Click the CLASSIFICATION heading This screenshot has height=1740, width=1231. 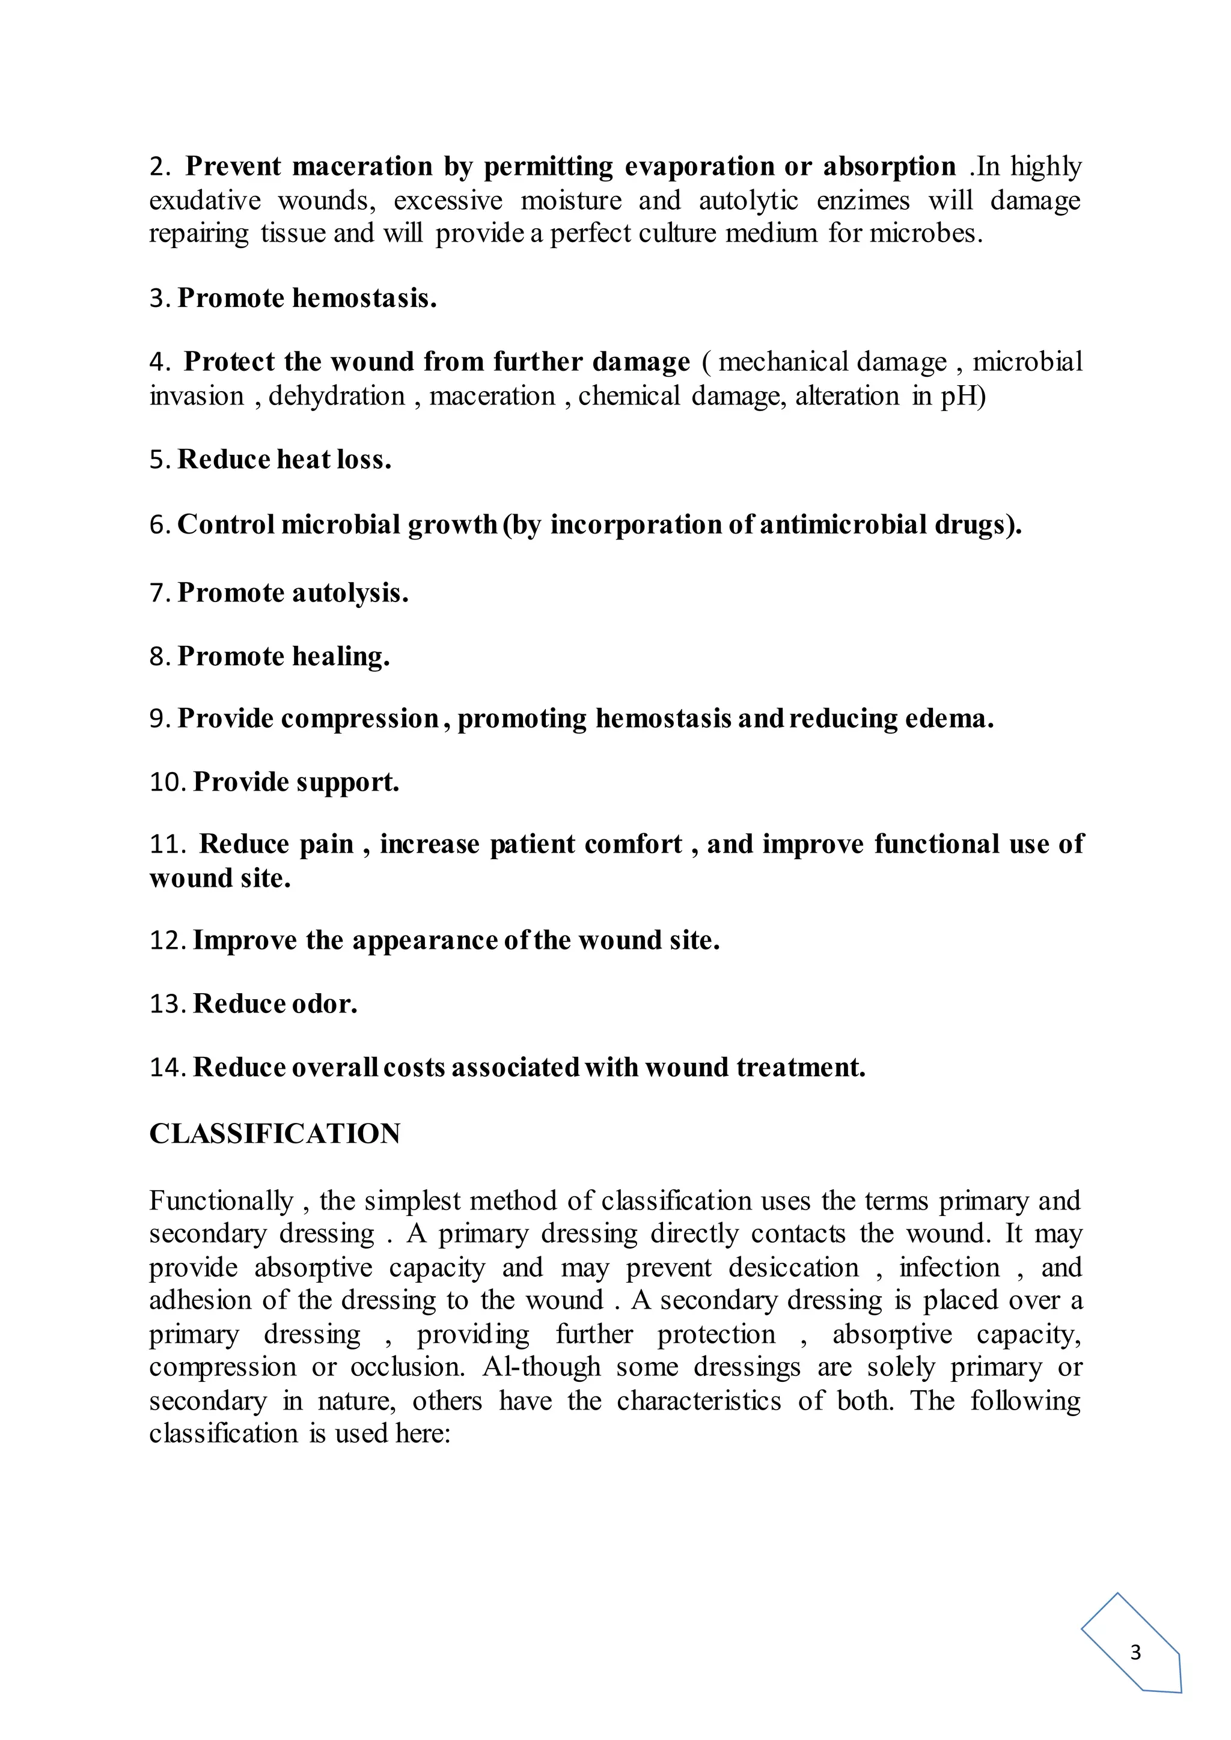pyautogui.click(x=275, y=1134)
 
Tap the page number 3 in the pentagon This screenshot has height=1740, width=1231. pyautogui.click(x=1135, y=1653)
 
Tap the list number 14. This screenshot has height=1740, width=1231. pyautogui.click(x=166, y=1067)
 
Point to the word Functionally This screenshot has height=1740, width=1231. pyautogui.click(x=221, y=1200)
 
